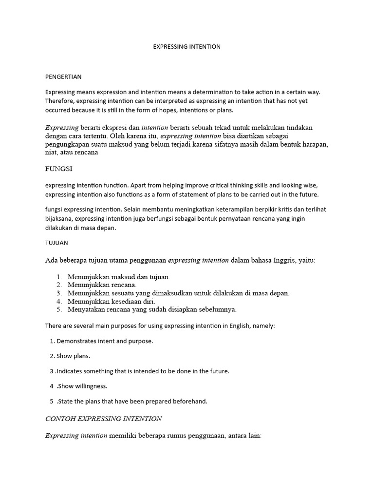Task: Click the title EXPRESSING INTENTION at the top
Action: tap(187, 47)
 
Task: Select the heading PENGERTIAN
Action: tap(63, 77)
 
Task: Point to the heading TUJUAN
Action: tap(56, 242)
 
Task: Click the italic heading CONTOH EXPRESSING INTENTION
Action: tap(103, 419)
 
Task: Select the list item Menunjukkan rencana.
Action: tap(102, 285)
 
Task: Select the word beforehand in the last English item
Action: tap(189, 401)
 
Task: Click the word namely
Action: tap(263, 326)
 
